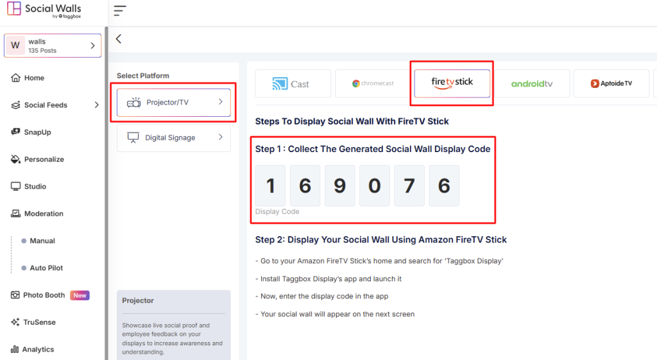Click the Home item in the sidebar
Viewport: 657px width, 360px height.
(34, 78)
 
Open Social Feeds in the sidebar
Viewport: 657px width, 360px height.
(46, 105)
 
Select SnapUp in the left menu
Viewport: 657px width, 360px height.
(37, 132)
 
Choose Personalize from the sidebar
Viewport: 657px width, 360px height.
(44, 159)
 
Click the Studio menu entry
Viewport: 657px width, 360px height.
(35, 187)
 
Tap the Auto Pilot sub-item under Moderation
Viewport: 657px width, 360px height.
(46, 268)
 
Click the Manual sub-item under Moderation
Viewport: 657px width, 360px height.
(42, 241)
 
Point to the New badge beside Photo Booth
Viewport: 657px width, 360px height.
(80, 295)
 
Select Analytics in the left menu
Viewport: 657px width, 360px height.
(38, 350)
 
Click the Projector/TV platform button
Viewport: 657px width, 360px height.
(173, 102)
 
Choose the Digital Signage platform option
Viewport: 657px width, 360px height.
(173, 137)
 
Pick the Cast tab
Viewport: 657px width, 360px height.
(293, 83)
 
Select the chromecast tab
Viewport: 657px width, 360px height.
(373, 83)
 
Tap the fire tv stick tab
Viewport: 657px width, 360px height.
(452, 83)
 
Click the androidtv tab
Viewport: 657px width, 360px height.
(531, 83)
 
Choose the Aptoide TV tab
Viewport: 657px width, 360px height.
(611, 83)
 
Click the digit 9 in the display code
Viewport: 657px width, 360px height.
(339, 185)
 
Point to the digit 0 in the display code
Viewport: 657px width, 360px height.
(374, 185)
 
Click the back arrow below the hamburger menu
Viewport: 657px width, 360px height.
(119, 39)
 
